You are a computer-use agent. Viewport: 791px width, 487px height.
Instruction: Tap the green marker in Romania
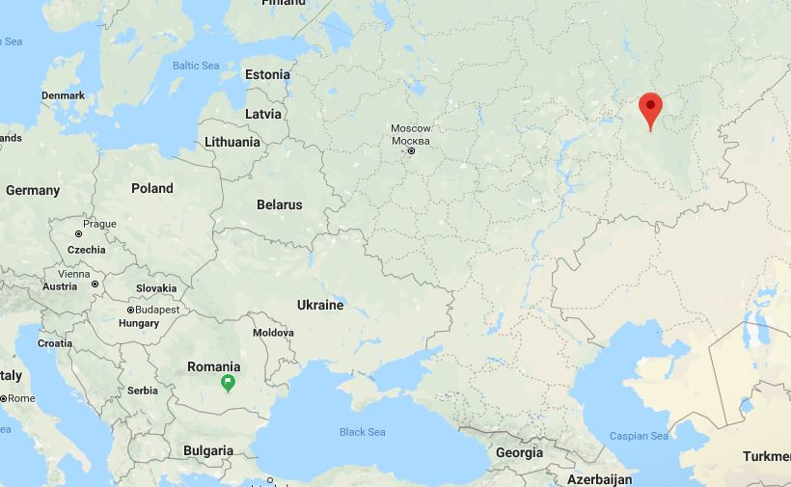click(229, 384)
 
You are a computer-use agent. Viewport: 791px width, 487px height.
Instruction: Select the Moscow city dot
click(412, 151)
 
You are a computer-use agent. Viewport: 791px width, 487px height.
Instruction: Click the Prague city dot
click(79, 234)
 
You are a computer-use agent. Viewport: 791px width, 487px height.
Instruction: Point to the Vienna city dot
click(95, 284)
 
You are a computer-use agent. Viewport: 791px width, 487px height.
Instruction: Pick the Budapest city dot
click(131, 311)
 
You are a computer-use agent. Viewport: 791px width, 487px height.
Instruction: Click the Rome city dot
click(3, 398)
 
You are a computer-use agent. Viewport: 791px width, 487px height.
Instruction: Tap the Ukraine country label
click(320, 305)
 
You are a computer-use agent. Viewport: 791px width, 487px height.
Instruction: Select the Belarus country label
click(280, 204)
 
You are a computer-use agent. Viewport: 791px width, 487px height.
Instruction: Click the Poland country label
click(152, 188)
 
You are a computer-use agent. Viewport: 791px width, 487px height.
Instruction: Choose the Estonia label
click(267, 74)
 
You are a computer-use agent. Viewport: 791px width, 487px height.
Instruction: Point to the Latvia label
click(263, 114)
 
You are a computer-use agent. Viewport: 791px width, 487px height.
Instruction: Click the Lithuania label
click(232, 142)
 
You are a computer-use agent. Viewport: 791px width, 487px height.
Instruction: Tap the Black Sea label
click(363, 432)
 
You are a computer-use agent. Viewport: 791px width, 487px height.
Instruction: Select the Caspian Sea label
click(639, 436)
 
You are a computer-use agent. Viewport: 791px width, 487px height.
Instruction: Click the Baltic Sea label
click(196, 66)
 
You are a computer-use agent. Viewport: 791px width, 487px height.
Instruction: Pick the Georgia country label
click(519, 452)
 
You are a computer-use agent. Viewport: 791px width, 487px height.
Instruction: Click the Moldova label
click(273, 333)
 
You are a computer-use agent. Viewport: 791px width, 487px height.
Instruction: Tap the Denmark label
click(64, 95)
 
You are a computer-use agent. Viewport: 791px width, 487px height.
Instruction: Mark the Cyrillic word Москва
click(411, 140)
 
